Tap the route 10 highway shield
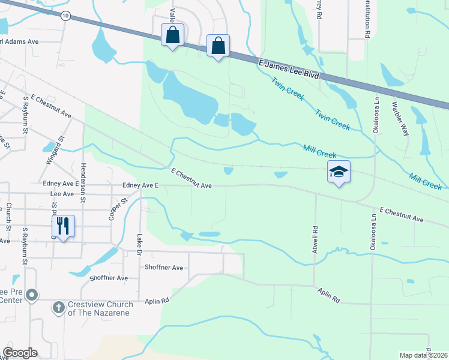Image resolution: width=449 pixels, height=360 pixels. (x=65, y=15)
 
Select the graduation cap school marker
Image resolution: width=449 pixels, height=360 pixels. (x=339, y=172)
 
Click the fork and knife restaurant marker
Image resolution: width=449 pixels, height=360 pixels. (x=63, y=226)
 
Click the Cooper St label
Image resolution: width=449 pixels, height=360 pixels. (x=116, y=208)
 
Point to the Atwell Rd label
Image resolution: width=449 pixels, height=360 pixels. (x=314, y=238)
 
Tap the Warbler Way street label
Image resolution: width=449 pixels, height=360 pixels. (x=399, y=118)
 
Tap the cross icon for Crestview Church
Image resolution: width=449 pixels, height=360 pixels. (x=58, y=308)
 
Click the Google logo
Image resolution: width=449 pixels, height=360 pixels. (x=20, y=353)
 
